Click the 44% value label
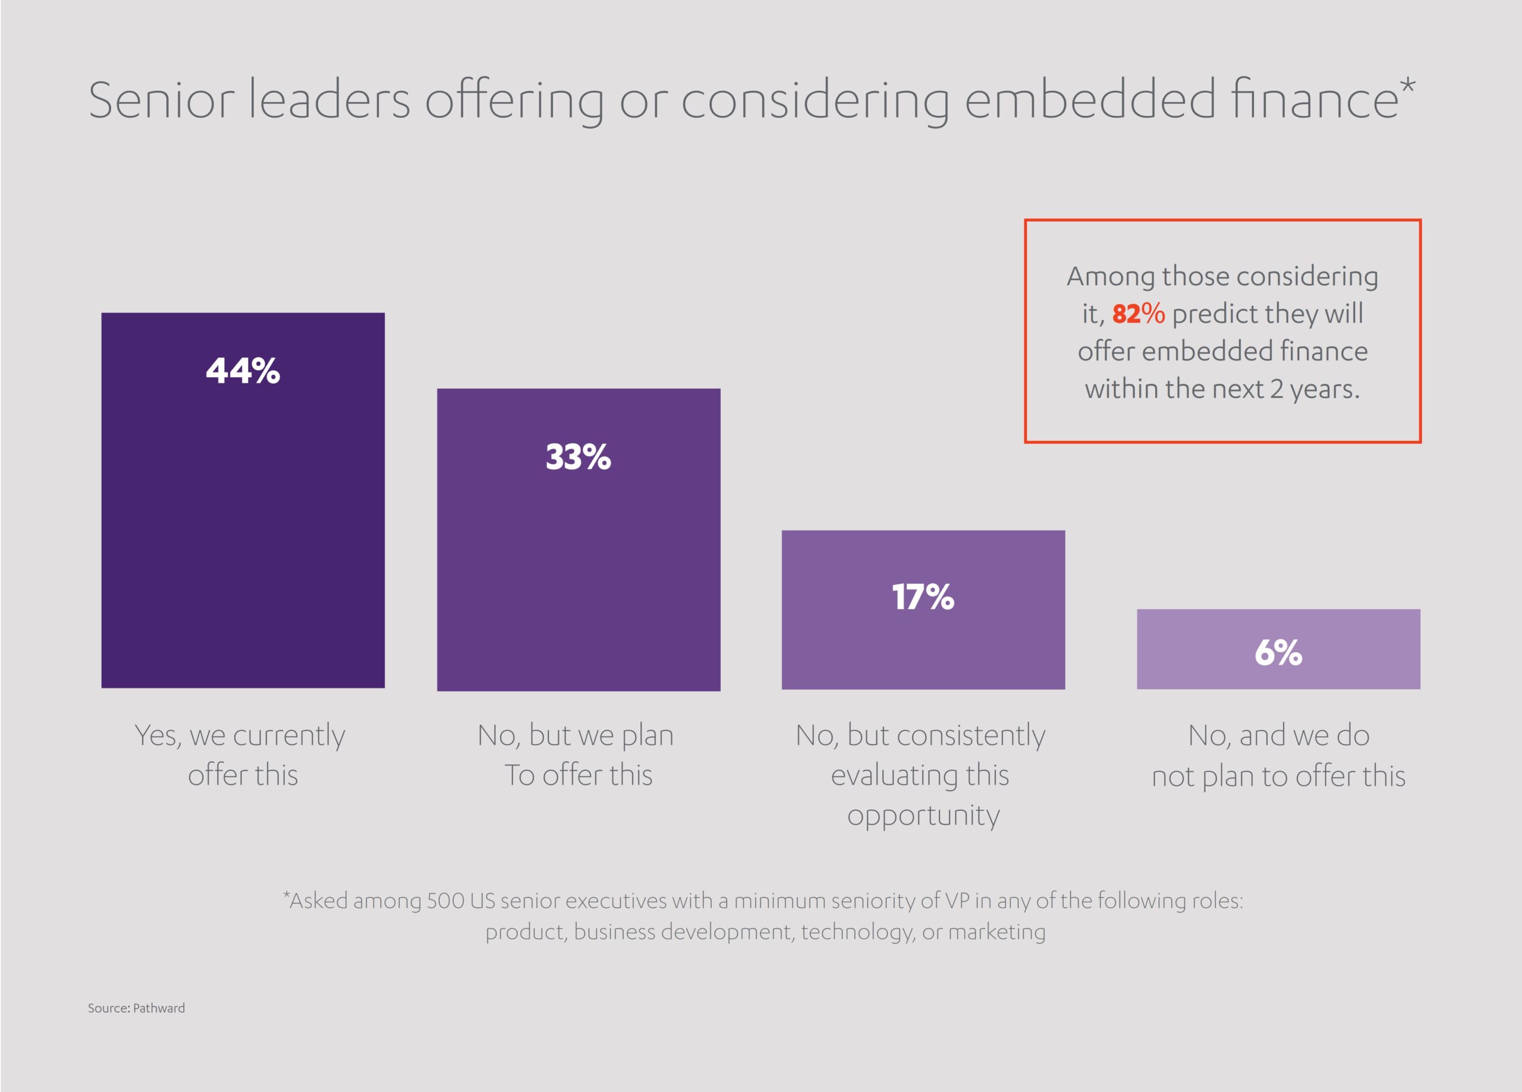point(243,371)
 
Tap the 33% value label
point(578,457)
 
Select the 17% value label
point(923,597)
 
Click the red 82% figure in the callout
point(1138,314)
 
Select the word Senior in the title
point(161,100)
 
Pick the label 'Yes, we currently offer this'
point(240,755)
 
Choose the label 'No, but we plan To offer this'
point(577,755)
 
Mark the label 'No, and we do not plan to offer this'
point(1278,755)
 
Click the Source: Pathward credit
point(136,1008)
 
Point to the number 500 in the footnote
point(445,901)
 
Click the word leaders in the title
point(329,100)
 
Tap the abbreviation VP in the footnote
point(958,901)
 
